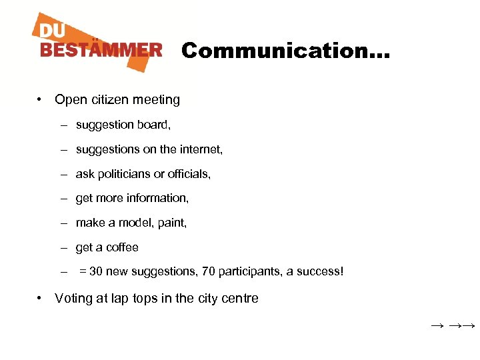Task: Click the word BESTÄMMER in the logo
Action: point(101,50)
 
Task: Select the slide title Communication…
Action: point(286,51)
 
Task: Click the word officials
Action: point(189,174)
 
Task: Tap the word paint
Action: point(173,223)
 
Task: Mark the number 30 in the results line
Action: point(96,272)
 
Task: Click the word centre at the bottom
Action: point(239,299)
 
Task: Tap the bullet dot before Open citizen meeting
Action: point(41,100)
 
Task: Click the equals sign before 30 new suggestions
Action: point(83,272)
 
